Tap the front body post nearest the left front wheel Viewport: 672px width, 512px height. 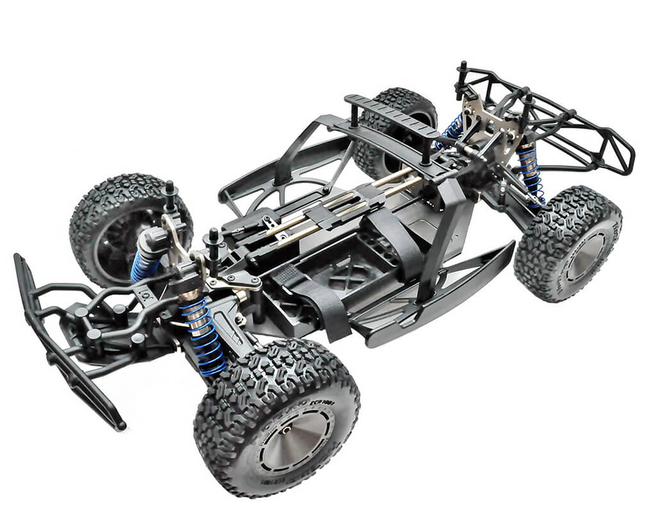[170, 196]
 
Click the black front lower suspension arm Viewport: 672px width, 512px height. [221, 320]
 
